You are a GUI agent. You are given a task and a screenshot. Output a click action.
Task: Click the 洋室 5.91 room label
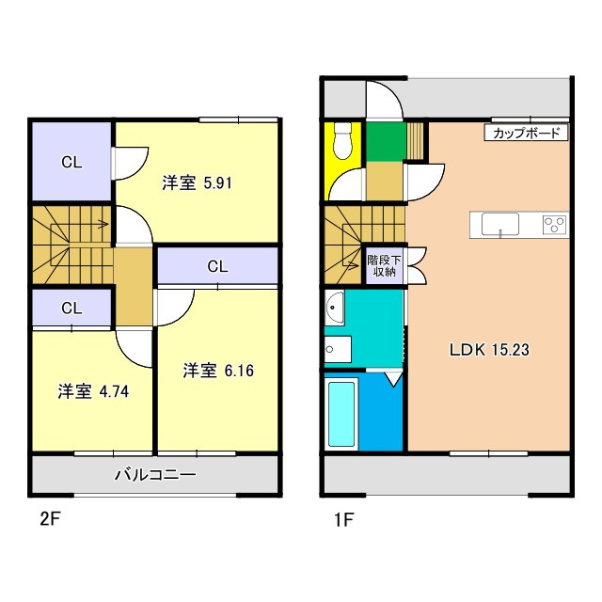[x=197, y=183]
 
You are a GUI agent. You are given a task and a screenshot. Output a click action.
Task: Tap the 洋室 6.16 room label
[x=218, y=371]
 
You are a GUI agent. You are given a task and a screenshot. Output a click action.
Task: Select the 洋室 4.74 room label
[x=92, y=391]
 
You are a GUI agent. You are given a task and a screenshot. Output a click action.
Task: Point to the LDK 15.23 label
[x=489, y=349]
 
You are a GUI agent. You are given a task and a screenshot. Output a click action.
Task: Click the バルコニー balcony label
[x=155, y=475]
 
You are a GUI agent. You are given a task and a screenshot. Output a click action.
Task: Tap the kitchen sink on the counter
[x=499, y=224]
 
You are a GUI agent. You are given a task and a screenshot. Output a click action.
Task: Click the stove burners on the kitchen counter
[x=555, y=224]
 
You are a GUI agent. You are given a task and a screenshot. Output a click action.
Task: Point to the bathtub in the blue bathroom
[x=341, y=414]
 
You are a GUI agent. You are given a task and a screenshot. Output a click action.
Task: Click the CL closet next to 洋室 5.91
[x=72, y=162]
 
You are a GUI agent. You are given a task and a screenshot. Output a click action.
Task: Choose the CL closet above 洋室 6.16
[x=217, y=266]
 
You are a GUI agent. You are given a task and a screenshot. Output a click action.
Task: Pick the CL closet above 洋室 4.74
[x=72, y=308]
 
